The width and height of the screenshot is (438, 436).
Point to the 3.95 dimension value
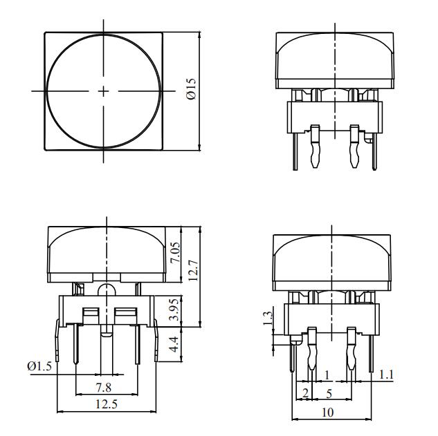click(x=176, y=310)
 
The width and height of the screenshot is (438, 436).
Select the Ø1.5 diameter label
click(x=39, y=366)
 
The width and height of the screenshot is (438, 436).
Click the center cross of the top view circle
click(x=104, y=91)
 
